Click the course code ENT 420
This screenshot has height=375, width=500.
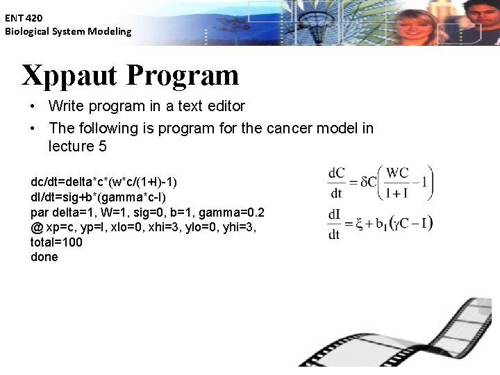(24, 19)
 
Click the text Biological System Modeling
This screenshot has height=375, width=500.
(68, 31)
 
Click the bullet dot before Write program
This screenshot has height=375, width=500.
(33, 107)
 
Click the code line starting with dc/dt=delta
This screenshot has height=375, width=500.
(104, 182)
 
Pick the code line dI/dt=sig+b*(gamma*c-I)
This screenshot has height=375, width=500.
(98, 197)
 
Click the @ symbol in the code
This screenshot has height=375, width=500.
(36, 227)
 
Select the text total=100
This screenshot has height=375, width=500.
(56, 242)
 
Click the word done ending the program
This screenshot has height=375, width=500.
(44, 257)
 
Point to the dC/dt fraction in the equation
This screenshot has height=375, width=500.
(337, 183)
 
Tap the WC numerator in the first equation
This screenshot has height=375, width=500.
(397, 172)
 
